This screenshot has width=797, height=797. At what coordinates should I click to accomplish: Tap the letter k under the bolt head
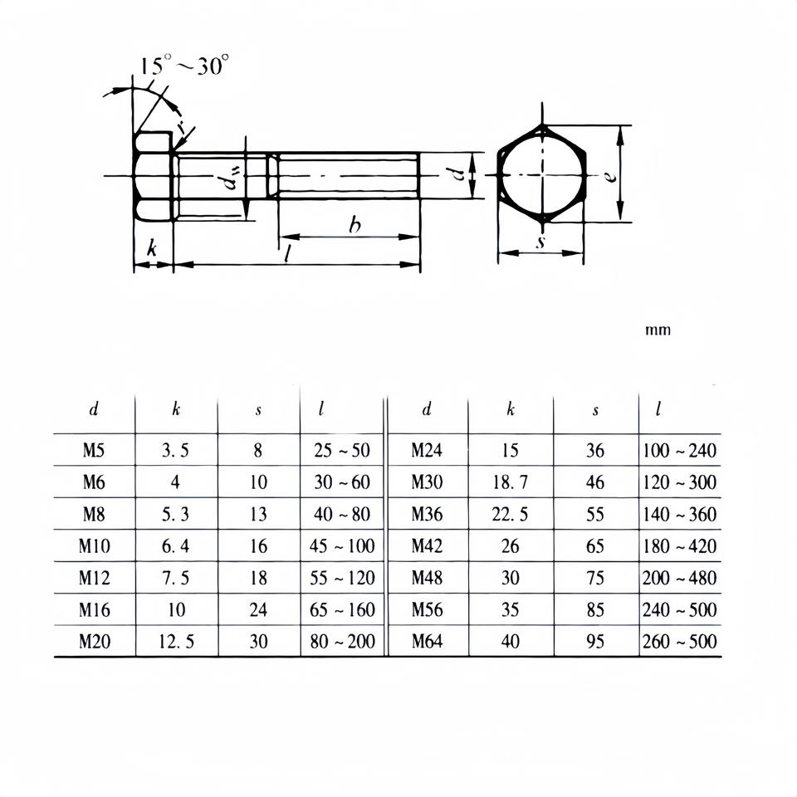151,248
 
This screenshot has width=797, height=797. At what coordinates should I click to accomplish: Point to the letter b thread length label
354,224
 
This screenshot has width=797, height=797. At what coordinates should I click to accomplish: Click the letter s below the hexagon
540,242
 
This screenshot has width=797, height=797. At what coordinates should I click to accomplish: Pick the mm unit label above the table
658,330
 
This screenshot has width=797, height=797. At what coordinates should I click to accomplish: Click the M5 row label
94,450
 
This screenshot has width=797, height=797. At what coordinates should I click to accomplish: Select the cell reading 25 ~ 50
341,450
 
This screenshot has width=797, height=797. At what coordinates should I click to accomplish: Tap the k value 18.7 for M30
510,482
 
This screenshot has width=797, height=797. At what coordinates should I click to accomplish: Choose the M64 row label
427,641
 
